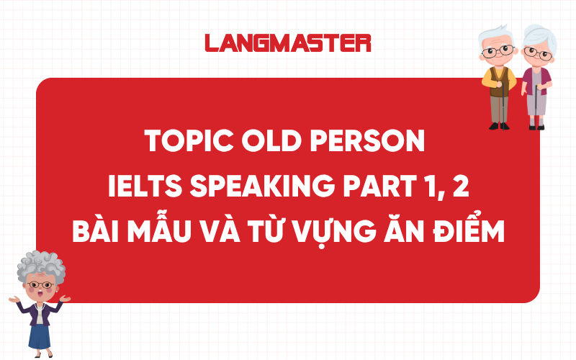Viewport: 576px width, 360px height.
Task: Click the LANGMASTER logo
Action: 288,42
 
